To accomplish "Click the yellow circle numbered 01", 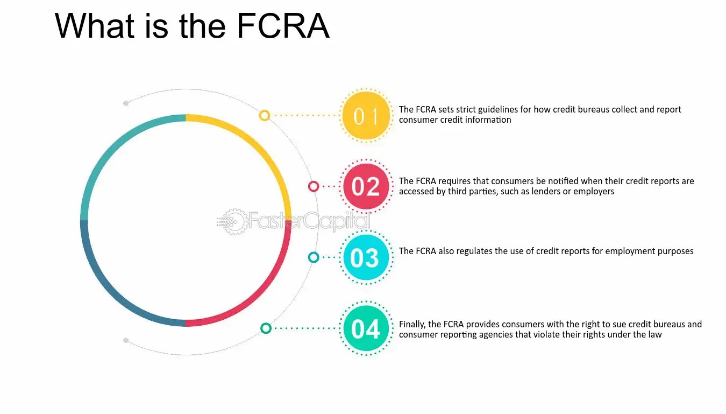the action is [x=366, y=116].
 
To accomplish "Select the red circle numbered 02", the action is [x=366, y=186].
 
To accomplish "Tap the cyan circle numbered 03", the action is [x=366, y=257].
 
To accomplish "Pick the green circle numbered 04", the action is [x=366, y=328].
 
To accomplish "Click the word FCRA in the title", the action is [x=283, y=26].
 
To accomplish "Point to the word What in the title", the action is [x=95, y=26].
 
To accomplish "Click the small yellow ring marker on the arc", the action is [x=264, y=115].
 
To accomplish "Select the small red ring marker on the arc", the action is [x=314, y=186].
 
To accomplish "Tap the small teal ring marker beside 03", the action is [x=314, y=257].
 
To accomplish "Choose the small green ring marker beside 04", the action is [x=266, y=328].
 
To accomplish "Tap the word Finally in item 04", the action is [x=412, y=324].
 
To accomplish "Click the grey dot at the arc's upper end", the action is [x=126, y=103].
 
